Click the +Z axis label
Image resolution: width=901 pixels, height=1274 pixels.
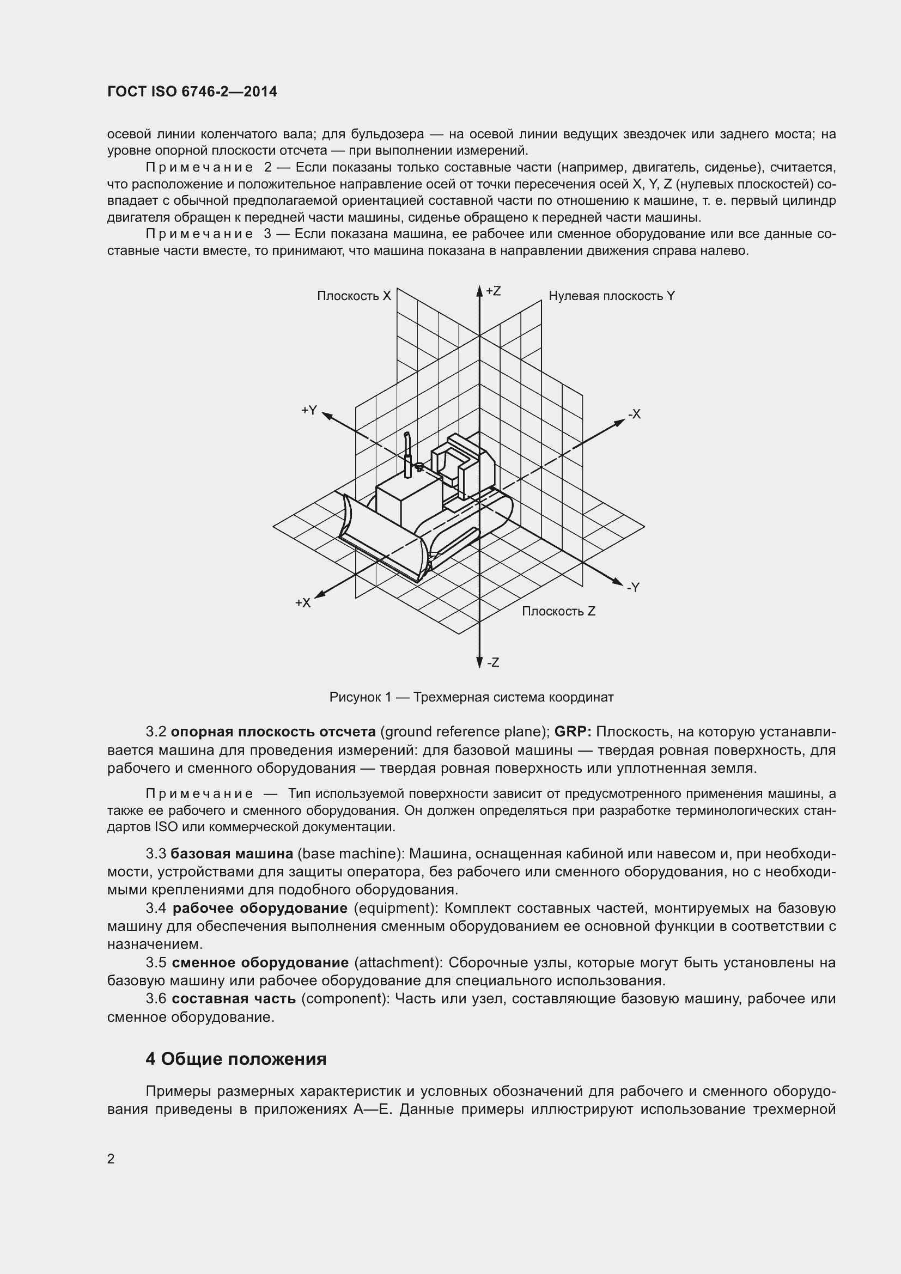pos(493,291)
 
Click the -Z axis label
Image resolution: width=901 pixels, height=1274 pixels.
pos(493,662)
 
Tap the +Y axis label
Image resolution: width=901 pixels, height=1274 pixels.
pos(309,410)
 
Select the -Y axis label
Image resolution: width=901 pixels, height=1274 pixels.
pos(634,587)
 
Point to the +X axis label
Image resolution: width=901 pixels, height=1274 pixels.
pos(303,602)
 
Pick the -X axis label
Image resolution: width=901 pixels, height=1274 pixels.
pos(634,414)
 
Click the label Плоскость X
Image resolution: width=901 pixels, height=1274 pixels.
pos(354,296)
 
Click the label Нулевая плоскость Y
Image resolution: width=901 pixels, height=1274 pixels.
pos(611,296)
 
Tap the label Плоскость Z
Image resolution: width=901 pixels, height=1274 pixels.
pos(558,611)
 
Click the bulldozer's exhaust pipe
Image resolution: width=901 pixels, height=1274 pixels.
pos(407,452)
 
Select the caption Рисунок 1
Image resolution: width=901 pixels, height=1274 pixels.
pos(471,697)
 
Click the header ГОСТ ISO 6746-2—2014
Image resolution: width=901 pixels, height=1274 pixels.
pos(192,92)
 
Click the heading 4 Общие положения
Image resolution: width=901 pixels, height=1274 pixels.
pos(236,1059)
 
